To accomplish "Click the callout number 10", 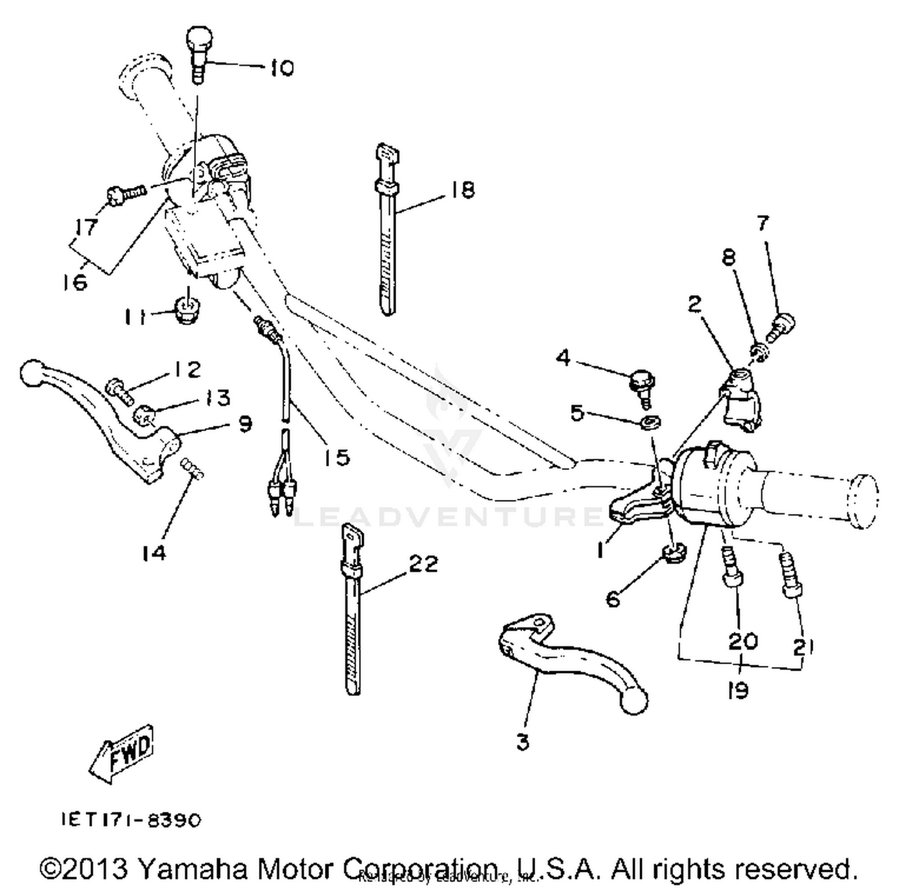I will [x=281, y=68].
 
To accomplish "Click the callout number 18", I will [x=462, y=190].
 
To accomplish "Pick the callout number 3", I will [x=523, y=742].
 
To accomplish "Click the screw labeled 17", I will [x=124, y=193].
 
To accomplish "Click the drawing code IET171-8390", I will [x=131, y=820].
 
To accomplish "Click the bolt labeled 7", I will [x=782, y=326].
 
